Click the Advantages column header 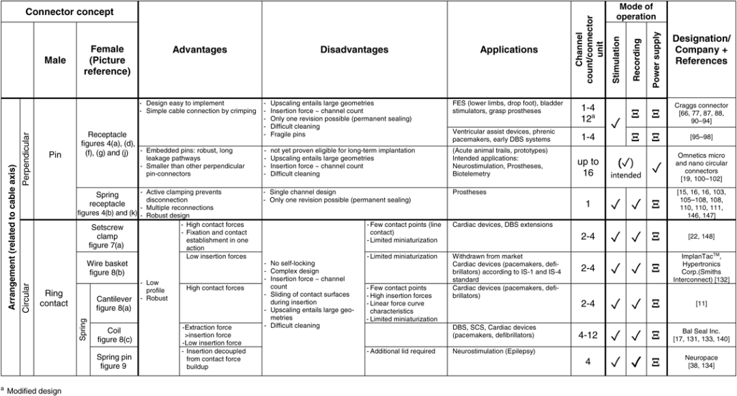(199, 50)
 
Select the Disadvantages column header (354, 50)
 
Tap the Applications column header (508, 50)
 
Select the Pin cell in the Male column (55, 155)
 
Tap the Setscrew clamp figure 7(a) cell (108, 236)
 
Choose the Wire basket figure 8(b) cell (108, 268)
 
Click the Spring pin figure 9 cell (115, 361)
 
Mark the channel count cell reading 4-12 (588, 335)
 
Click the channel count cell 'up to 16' (588, 167)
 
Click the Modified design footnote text (34, 391)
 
